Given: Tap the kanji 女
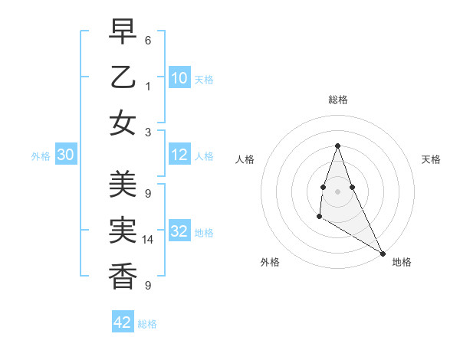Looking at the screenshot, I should tap(123, 123).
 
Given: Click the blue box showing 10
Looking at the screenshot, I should tap(179, 77).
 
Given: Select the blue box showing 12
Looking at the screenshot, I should tap(179, 155).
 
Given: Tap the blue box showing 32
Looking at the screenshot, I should tap(179, 231).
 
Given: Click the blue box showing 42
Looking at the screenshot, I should tap(123, 322).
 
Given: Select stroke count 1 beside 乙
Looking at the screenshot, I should tap(147, 86).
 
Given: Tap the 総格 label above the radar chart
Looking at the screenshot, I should tap(337, 100).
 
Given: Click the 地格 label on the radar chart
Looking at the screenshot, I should tap(402, 262).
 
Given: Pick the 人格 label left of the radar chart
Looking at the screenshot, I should tap(245, 159).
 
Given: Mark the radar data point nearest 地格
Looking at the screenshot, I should tap(383, 254).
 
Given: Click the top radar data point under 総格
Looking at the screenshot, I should tap(337, 146).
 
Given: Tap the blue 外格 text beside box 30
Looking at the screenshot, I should tap(41, 156).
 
